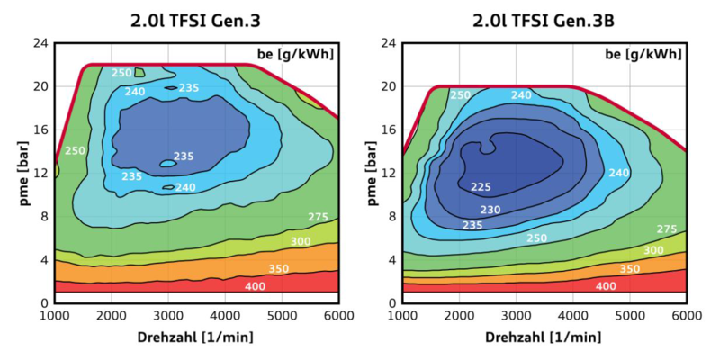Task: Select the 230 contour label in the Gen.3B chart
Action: tap(490, 209)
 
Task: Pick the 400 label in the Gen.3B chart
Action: tap(606, 286)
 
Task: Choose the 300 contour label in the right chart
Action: tap(653, 250)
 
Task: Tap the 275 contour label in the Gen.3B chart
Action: tap(667, 229)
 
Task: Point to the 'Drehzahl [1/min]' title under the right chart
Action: tap(545, 338)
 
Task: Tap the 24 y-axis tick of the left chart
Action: tap(41, 43)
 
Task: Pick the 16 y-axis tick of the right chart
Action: tap(389, 130)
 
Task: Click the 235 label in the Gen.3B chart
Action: tap(472, 225)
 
